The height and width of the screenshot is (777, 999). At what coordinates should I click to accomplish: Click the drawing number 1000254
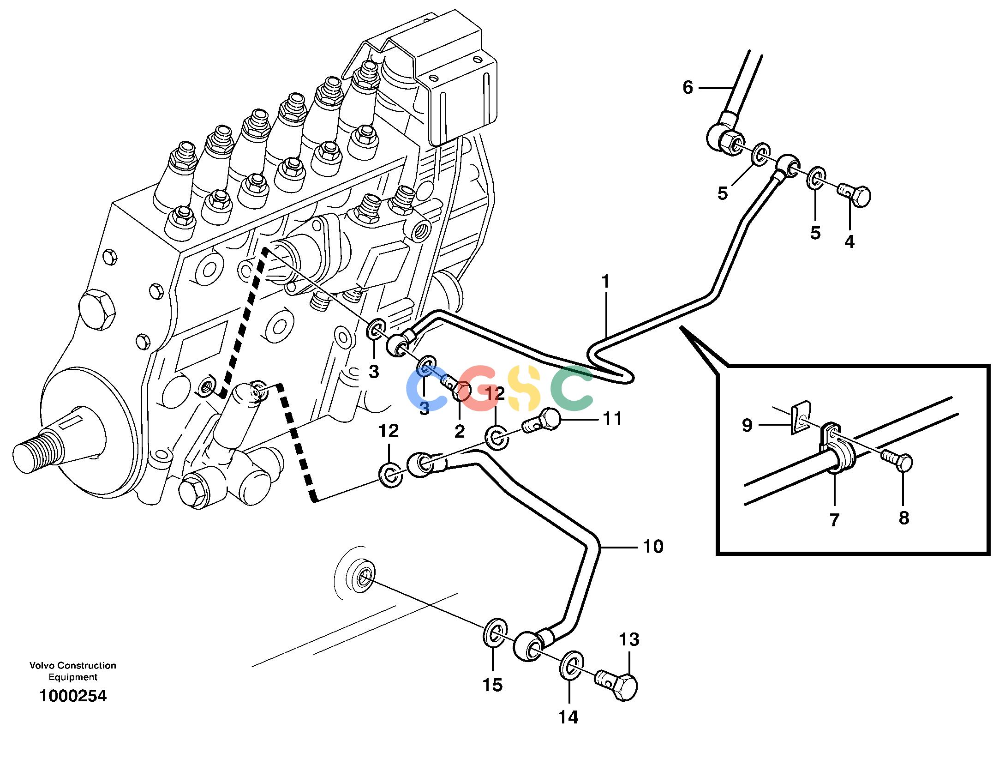pyautogui.click(x=73, y=696)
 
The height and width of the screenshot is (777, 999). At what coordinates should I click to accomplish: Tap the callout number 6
pyautogui.click(x=688, y=87)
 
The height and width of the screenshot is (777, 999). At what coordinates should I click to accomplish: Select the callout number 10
pyautogui.click(x=653, y=547)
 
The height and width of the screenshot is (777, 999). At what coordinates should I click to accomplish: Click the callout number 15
pyautogui.click(x=492, y=685)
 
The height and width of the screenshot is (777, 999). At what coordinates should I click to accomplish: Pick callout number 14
pyautogui.click(x=568, y=717)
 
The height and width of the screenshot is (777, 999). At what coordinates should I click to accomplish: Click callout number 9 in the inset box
pyautogui.click(x=748, y=425)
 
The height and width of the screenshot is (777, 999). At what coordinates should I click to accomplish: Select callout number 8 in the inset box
pyautogui.click(x=904, y=518)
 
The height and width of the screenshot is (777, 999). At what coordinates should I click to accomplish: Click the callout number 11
pyautogui.click(x=612, y=419)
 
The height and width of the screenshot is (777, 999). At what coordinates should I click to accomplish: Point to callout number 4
pyautogui.click(x=849, y=241)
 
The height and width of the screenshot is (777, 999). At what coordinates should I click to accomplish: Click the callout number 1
pyautogui.click(x=605, y=282)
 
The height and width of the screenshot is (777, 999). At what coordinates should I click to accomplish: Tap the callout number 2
pyautogui.click(x=460, y=431)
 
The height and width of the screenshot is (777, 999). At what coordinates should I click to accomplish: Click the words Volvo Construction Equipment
pyautogui.click(x=73, y=671)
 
